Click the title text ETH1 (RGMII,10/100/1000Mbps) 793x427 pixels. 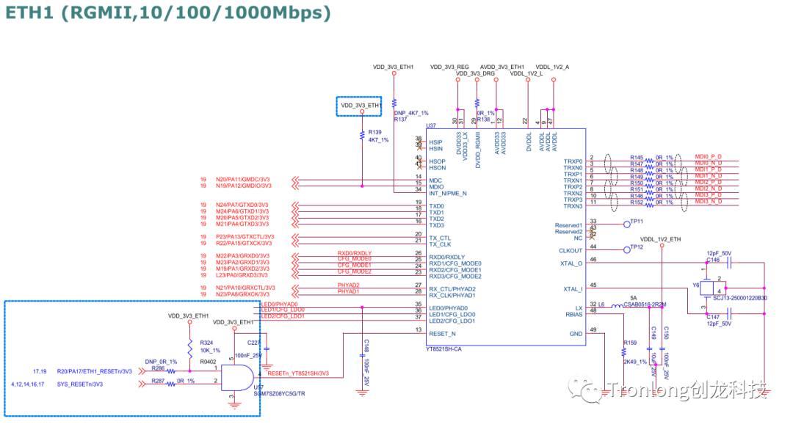pos(168,12)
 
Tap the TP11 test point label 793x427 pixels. pos(636,222)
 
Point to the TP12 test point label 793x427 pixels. pos(636,247)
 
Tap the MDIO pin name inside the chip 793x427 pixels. pos(436,187)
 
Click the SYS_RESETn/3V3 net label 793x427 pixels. pos(80,383)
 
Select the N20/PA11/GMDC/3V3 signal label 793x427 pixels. pos(242,179)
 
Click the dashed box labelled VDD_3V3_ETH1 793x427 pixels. pos(360,106)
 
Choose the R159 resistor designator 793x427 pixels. pos(629,343)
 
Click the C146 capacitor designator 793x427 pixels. pos(713,260)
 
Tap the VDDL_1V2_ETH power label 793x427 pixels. pos(660,239)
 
